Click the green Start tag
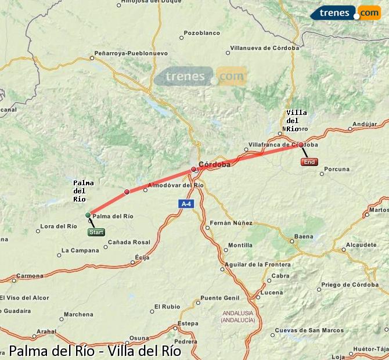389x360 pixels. point(96,232)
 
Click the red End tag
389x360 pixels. point(309,162)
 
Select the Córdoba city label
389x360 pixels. point(214,165)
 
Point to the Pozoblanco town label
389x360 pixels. point(201,33)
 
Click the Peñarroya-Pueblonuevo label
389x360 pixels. point(131,53)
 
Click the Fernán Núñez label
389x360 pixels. point(230,222)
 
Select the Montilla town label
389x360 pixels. point(240,246)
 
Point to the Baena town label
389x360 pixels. point(303,236)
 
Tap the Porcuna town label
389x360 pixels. point(337,170)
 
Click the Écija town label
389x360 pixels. point(142,256)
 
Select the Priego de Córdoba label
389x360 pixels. point(349,284)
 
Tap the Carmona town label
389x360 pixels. point(30,275)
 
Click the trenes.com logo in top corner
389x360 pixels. point(345,12)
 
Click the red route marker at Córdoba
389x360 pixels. point(194,170)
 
